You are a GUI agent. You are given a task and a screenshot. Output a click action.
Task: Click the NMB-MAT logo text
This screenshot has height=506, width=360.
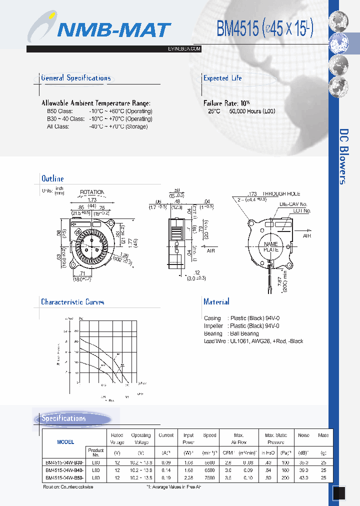coord(114,30)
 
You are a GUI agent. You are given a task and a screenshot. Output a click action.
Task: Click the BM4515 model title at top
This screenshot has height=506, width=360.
coord(264,29)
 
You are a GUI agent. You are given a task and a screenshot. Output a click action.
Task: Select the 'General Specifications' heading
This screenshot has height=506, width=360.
coord(75,78)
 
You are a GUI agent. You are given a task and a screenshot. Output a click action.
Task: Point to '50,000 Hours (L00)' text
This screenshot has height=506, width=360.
coord(252,111)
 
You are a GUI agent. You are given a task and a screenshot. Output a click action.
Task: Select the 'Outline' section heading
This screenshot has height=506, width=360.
coord(52,178)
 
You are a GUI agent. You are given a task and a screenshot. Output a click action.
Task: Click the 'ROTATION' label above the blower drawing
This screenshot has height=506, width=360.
coord(92,192)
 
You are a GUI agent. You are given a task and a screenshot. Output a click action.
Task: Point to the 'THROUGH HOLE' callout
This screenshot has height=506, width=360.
coord(281,193)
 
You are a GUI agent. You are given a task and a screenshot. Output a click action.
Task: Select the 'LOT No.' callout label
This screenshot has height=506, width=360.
coord(302,211)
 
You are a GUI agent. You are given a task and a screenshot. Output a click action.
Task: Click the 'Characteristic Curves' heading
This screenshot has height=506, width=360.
coord(72,302)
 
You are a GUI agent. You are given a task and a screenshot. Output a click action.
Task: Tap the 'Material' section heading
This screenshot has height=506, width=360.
coord(216,301)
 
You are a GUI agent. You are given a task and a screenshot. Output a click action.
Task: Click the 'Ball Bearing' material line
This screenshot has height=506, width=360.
coord(231,333)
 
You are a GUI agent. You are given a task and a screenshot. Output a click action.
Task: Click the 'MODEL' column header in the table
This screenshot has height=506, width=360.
coord(65,441)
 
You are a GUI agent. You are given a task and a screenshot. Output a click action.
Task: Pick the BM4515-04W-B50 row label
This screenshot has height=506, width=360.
coord(64,478)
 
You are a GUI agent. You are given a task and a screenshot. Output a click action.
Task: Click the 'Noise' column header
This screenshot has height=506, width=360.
coord(303,435)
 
